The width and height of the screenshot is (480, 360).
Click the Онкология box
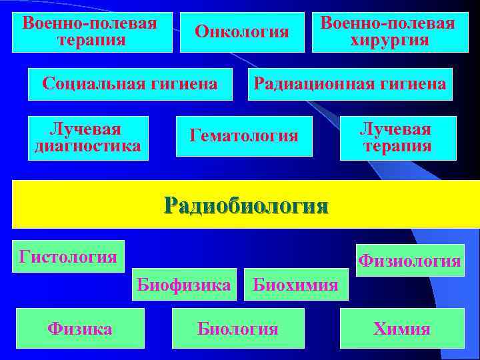(x=242, y=32)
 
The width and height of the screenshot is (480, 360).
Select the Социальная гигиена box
(x=130, y=84)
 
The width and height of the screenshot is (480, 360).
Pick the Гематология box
(x=244, y=136)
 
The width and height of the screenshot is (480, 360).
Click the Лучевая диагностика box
(x=87, y=138)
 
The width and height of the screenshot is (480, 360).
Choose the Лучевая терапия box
(x=397, y=138)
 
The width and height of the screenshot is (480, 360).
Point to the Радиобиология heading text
(x=246, y=205)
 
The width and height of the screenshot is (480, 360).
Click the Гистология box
(x=69, y=257)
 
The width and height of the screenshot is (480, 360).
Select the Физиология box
(x=409, y=261)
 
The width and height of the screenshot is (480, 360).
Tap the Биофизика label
(x=183, y=285)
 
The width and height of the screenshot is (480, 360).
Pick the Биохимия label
(x=295, y=285)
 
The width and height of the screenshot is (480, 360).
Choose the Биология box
(x=238, y=328)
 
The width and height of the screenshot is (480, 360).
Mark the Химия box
(x=401, y=328)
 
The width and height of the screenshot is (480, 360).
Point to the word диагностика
(x=87, y=146)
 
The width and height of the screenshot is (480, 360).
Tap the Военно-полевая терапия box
(x=91, y=32)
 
